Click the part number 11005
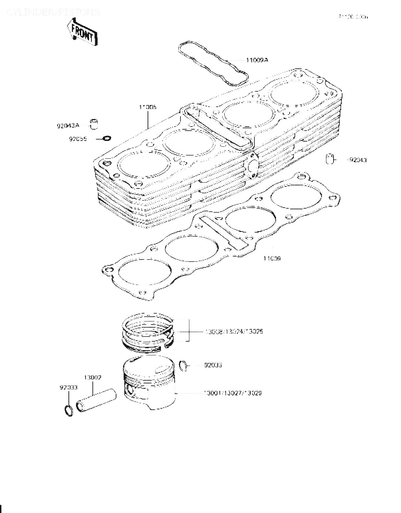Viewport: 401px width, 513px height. pyautogui.click(x=148, y=107)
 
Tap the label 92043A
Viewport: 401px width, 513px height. pyautogui.click(x=68, y=126)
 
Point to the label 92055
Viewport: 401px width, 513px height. pyautogui.click(x=78, y=139)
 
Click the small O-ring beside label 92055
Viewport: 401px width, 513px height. pyautogui.click(x=107, y=139)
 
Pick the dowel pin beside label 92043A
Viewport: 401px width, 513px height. pyautogui.click(x=94, y=124)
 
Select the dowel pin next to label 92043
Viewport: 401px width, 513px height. pyautogui.click(x=329, y=159)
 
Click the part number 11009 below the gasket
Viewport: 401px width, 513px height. pyautogui.click(x=272, y=259)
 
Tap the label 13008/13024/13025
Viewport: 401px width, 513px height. pyautogui.click(x=234, y=331)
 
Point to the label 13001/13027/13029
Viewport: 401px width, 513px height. pyautogui.click(x=233, y=393)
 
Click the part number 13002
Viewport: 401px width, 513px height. pyautogui.click(x=92, y=378)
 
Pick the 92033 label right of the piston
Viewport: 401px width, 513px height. pyautogui.click(x=213, y=365)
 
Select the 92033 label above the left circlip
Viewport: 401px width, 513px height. pyautogui.click(x=68, y=387)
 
